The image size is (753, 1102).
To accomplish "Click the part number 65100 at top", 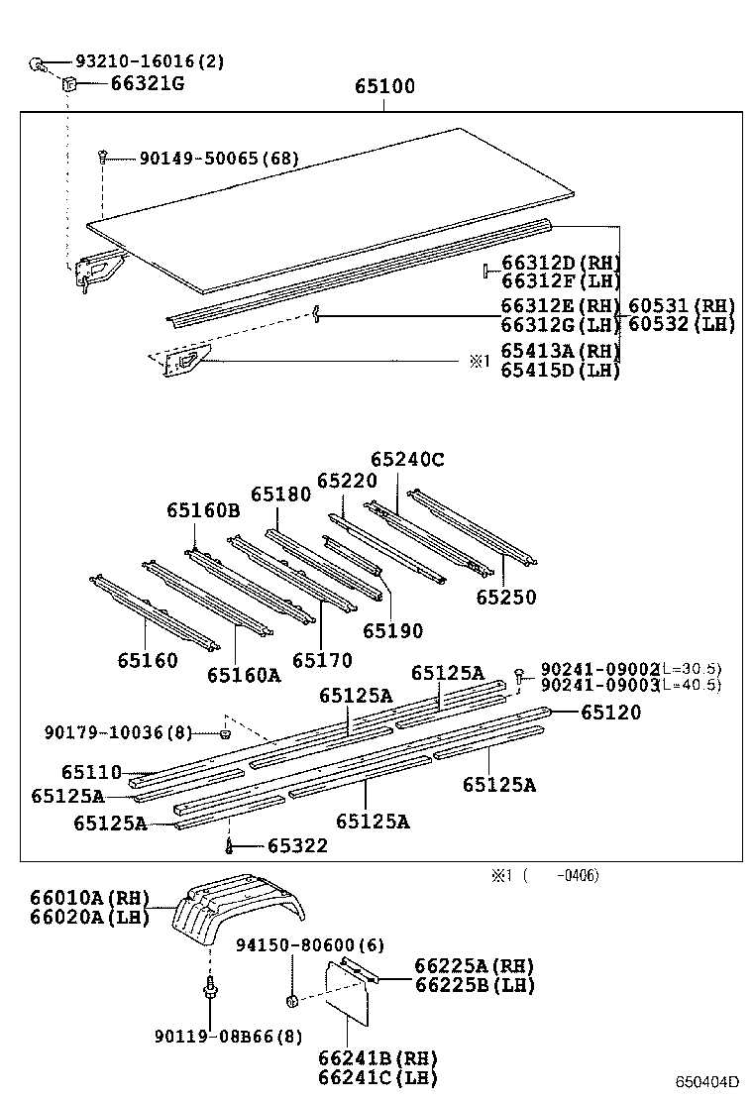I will pyautogui.click(x=384, y=87).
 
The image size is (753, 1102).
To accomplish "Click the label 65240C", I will pyautogui.click(x=407, y=460).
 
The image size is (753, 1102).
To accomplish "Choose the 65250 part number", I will pyautogui.click(x=505, y=598).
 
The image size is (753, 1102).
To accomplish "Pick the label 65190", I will pyautogui.click(x=392, y=630).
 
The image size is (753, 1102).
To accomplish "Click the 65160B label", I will pyautogui.click(x=203, y=510).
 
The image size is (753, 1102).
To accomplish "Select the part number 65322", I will pyautogui.click(x=297, y=846).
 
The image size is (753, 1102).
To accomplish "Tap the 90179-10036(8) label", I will pyautogui.click(x=118, y=732).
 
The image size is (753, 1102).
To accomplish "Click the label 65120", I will pyautogui.click(x=610, y=712).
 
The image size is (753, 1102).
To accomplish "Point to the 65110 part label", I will pyautogui.click(x=91, y=772).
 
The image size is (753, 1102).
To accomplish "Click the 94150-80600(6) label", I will pyautogui.click(x=309, y=945).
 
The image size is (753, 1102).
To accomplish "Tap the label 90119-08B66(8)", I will pyautogui.click(x=227, y=1037).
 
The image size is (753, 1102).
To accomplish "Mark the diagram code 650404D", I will pyautogui.click(x=707, y=1081).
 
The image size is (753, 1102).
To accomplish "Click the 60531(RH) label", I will pyautogui.click(x=681, y=305).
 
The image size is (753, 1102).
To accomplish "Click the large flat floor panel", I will pyautogui.click(x=337, y=208).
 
